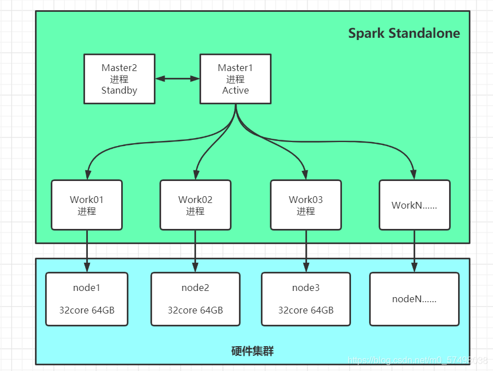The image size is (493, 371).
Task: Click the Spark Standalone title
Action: pos(404,33)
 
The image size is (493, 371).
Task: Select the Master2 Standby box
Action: pos(119,79)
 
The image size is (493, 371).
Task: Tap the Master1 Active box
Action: pos(236,79)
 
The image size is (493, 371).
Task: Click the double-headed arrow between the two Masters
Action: pos(177,79)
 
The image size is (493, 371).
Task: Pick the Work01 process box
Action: pos(87,205)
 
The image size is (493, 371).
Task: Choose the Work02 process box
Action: pos(196,205)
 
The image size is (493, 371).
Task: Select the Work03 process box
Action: pos(306,205)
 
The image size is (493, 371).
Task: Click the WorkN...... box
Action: pos(415,205)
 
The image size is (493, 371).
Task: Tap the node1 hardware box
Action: pos(87,299)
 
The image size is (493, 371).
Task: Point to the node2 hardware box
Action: pos(196,299)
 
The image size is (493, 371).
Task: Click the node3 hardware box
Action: pos(306,299)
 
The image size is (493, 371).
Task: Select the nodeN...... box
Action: pos(414,299)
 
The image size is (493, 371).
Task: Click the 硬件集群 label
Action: pos(252,351)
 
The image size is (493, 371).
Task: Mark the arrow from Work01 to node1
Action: pos(87,251)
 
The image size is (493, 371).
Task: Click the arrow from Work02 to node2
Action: pos(196,251)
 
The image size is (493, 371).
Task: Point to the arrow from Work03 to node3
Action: pos(306,251)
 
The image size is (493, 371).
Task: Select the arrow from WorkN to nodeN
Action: pos(414,251)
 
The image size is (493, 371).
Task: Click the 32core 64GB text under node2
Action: pos(196,310)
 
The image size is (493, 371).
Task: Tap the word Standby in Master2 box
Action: pos(119,91)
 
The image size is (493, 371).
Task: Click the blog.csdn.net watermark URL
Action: pos(418,360)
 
